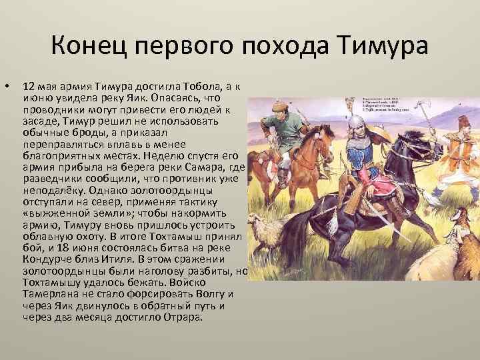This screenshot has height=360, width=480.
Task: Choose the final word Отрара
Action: coord(181,317)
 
